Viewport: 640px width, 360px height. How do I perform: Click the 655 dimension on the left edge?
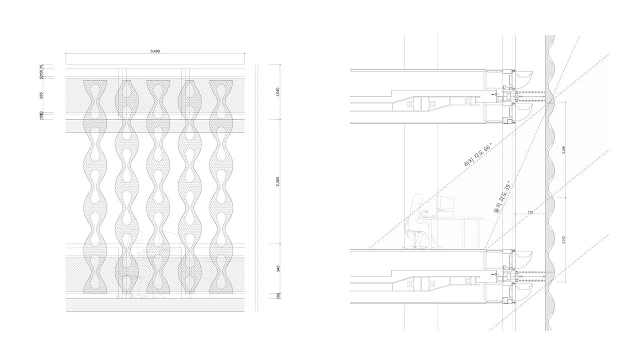click(x=41, y=94)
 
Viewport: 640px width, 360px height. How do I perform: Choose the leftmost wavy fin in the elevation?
click(x=95, y=185)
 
